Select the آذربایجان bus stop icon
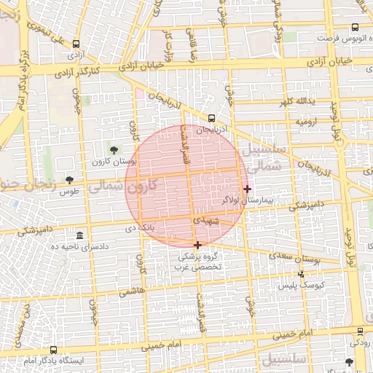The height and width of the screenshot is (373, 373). tap(211, 117)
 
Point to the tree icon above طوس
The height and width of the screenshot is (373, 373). tap(69, 179)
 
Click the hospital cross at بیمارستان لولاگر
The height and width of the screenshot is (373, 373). tap(247, 188)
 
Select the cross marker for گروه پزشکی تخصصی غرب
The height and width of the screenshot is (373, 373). tap(197, 245)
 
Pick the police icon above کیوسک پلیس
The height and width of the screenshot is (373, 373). tap(301, 275)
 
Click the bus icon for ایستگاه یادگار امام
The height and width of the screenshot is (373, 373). tap(52, 350)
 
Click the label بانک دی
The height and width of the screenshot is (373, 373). tap(141, 229)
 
